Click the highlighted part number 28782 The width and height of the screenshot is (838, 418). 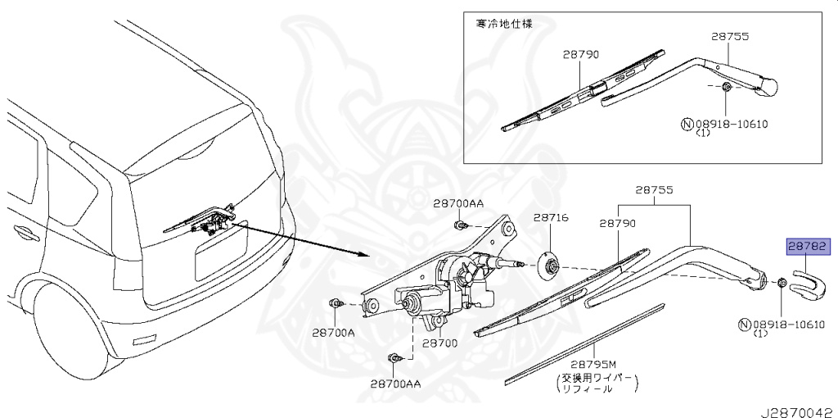(x=809, y=245)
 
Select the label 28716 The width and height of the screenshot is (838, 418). (x=551, y=218)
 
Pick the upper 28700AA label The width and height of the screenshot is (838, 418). (x=459, y=203)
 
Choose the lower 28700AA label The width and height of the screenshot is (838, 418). (x=395, y=383)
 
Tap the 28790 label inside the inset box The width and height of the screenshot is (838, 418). (x=581, y=54)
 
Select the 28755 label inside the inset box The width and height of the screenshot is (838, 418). (x=730, y=37)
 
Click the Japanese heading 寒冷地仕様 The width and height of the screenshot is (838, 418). (x=504, y=24)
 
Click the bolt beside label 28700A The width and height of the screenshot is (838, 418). (x=335, y=304)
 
